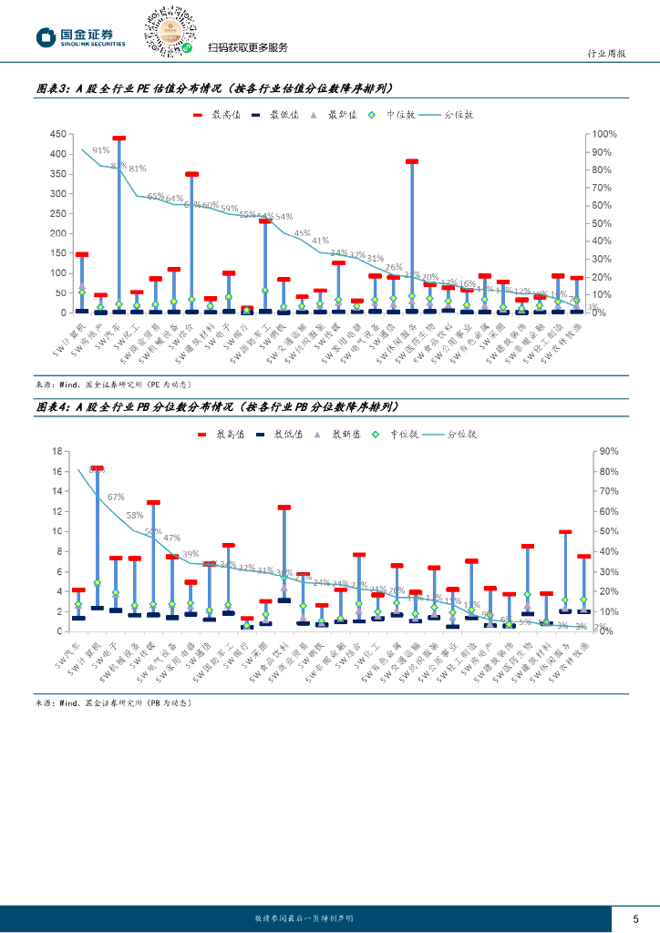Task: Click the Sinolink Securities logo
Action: [x=79, y=37]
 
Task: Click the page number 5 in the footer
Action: [x=635, y=918]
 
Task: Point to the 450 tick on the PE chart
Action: [x=57, y=134]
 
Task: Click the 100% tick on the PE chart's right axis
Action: [x=605, y=134]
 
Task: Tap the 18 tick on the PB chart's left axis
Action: [x=56, y=451]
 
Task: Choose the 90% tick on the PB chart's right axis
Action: [x=607, y=451]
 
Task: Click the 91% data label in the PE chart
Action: [x=100, y=150]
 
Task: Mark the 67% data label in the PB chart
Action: [x=116, y=497]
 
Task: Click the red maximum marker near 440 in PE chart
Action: [x=119, y=138]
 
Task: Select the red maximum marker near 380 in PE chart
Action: [x=412, y=161]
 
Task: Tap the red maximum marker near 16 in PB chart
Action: [x=98, y=468]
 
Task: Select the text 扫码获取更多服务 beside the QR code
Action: [x=247, y=48]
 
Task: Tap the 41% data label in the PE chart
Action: [x=320, y=241]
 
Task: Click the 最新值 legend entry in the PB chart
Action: [x=343, y=435]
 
